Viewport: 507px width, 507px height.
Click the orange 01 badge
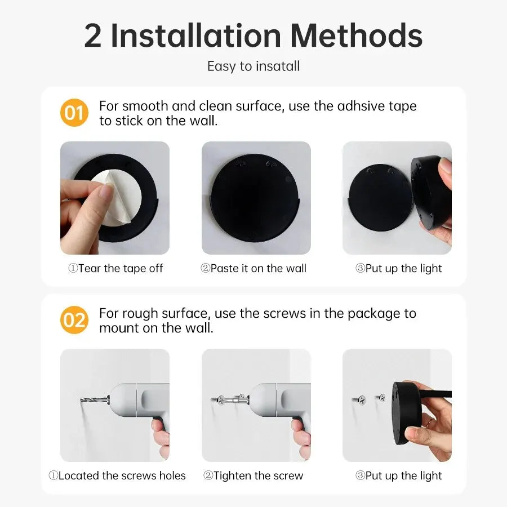coord(74,113)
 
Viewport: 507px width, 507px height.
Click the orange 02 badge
coord(74,320)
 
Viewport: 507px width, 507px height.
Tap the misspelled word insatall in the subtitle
coord(278,66)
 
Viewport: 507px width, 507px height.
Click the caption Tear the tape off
coord(115,269)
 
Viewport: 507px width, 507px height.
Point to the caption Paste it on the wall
coord(253,269)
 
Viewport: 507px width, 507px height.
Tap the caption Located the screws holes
coord(117,476)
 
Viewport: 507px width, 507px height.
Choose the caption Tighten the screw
coord(253,476)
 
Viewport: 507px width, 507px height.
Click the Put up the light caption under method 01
coord(398,269)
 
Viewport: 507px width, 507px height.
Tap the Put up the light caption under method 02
coord(398,476)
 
